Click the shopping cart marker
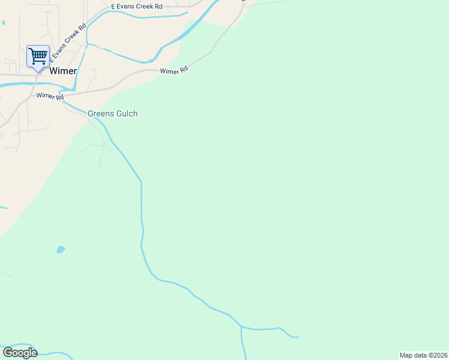click(x=38, y=56)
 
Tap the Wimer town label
click(x=63, y=71)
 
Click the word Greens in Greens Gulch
click(x=100, y=113)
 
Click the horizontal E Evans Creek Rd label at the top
click(x=137, y=6)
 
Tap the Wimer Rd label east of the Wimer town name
click(x=174, y=71)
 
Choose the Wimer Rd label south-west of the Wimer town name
click(x=50, y=96)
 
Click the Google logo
click(x=20, y=353)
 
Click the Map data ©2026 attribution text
click(x=423, y=355)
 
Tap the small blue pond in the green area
click(x=60, y=249)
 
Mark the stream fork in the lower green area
click(x=241, y=327)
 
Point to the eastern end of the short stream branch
click(x=297, y=337)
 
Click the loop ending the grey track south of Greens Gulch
click(x=100, y=164)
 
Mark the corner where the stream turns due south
click(x=141, y=181)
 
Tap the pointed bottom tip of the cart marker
click(x=38, y=71)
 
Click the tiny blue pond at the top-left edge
click(x=3, y=23)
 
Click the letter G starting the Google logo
click(x=8, y=352)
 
